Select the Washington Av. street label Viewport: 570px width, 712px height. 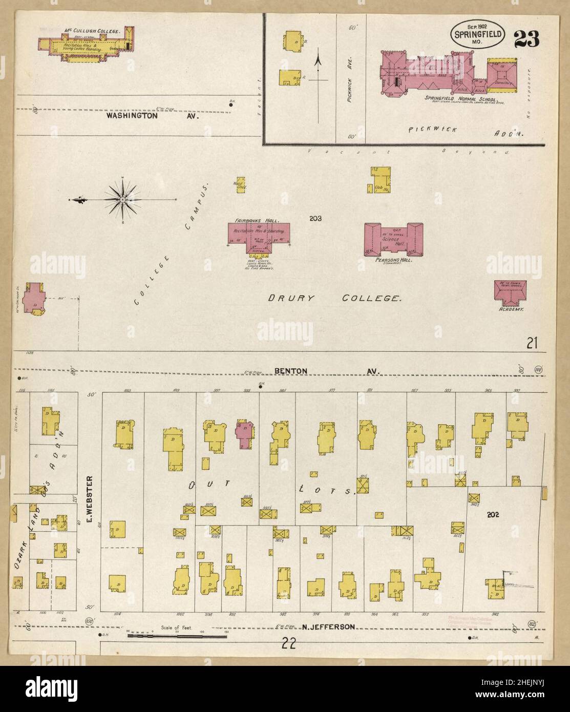[152, 116]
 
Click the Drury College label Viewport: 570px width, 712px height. [334, 298]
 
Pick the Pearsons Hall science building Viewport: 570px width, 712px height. [393, 239]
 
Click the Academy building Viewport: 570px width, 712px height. [507, 292]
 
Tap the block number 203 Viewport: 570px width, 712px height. [315, 219]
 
